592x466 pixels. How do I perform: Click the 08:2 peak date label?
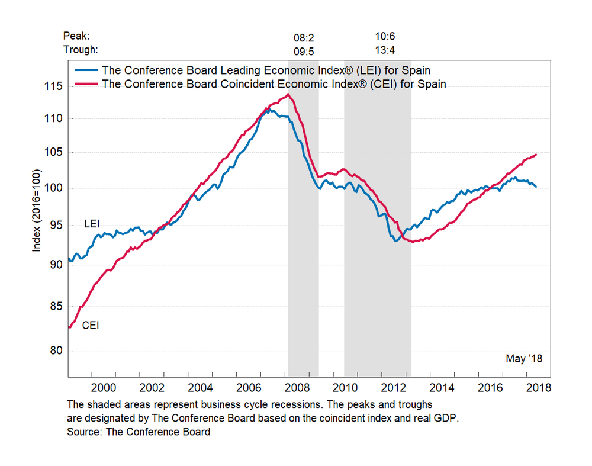(304, 38)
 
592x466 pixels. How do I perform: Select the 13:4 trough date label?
(387, 50)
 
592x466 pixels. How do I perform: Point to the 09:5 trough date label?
(304, 51)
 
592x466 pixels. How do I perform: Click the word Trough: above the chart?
(81, 50)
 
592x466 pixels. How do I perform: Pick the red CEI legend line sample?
(86, 83)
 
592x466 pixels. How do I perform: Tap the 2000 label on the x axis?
(104, 388)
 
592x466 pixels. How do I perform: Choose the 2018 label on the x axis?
(538, 388)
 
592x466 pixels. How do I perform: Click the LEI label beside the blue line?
(92, 224)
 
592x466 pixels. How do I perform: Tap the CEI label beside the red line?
(91, 324)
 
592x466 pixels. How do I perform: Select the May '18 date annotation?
(524, 359)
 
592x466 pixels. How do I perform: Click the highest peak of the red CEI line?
(288, 94)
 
